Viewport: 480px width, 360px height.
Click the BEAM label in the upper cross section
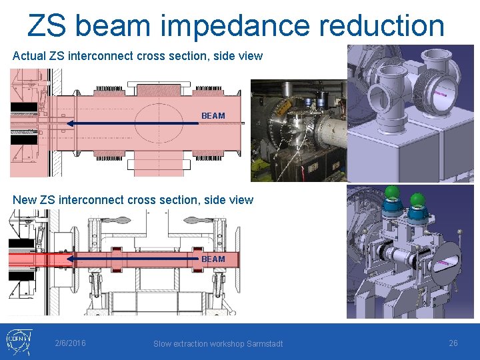pos(213,116)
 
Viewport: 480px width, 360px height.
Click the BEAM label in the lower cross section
pos(213,259)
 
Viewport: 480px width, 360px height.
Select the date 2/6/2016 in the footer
pos(70,343)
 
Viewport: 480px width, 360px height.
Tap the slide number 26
pos(453,343)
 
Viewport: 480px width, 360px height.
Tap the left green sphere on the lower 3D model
pos(393,194)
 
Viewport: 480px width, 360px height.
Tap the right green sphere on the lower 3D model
pos(417,199)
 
